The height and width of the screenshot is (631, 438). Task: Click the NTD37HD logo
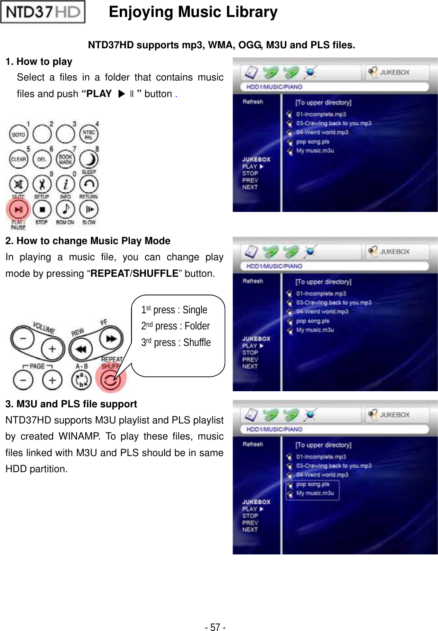[43, 12]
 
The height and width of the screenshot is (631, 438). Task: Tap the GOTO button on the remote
[18, 134]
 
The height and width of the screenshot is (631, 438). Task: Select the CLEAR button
[18, 159]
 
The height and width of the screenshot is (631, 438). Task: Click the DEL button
[42, 159]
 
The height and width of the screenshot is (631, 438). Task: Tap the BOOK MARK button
[65, 159]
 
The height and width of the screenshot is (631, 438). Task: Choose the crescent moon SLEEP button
[89, 159]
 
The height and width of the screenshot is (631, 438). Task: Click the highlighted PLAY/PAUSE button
[18, 209]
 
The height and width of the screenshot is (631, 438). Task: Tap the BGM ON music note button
[65, 209]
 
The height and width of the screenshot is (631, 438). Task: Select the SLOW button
[89, 209]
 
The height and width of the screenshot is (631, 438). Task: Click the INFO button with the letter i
[65, 185]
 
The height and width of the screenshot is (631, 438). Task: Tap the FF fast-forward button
[111, 339]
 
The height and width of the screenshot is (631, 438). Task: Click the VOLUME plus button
[52, 349]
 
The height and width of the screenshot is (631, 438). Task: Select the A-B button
[81, 380]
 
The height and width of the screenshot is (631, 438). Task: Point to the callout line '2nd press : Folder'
[175, 326]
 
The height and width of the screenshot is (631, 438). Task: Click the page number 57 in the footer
[215, 627]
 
